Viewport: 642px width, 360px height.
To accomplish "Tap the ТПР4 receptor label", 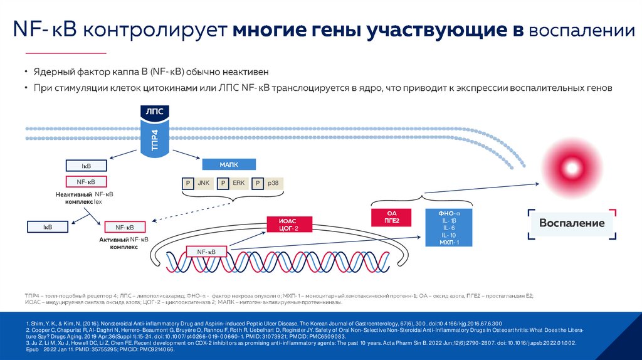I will [155, 139].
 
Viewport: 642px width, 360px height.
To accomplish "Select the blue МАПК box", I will [229, 164].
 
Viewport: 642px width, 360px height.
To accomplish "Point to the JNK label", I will [203, 184].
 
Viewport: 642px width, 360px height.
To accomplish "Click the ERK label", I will [238, 184].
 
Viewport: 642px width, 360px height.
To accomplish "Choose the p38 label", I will [273, 184].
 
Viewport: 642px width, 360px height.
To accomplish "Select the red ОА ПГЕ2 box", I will [392, 217].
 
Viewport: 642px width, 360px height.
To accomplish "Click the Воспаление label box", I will [571, 223].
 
